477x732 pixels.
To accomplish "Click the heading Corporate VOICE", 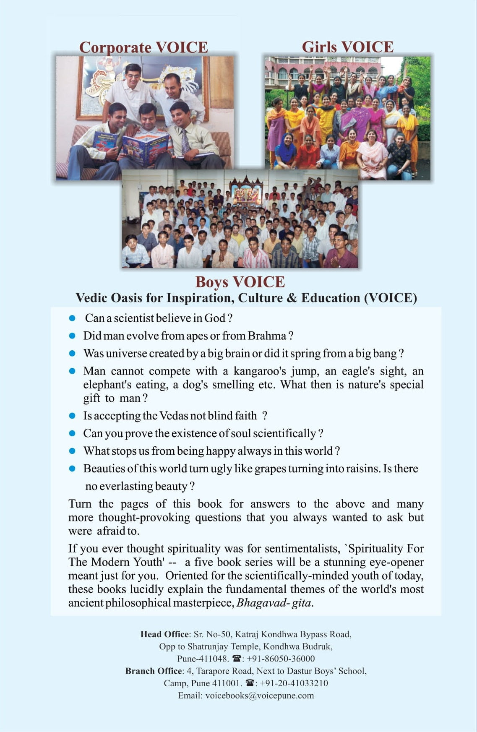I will [143, 47].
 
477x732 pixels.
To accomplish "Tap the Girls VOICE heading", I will [347, 47].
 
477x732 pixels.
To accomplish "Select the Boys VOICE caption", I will [240, 282].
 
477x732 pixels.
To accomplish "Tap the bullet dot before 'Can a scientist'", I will [72, 318].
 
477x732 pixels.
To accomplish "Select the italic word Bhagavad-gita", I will [274, 603].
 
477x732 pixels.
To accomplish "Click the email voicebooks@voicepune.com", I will [259, 696].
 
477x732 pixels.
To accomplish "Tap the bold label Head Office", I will [164, 634].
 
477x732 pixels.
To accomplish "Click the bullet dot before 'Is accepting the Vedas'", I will [72, 416].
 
